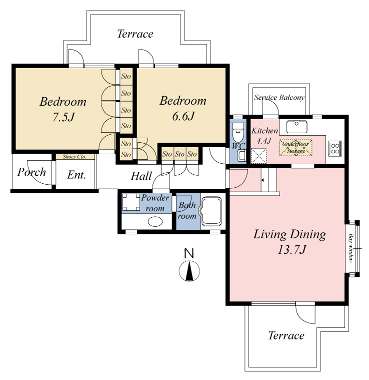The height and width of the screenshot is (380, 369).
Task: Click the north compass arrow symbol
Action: coord(189,271)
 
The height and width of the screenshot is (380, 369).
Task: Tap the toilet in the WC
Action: coord(237,133)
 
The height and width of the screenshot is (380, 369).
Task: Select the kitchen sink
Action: coord(296,127)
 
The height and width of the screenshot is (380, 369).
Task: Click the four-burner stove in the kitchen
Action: coord(335,148)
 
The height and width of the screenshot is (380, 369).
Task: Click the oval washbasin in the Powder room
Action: coord(155,222)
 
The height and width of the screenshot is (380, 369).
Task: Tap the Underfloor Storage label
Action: coord(295,147)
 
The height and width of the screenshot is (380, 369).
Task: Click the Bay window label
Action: coord(350,248)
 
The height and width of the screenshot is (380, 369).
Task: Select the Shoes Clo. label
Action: coord(74,157)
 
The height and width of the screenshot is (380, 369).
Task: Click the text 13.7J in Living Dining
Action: coord(291,250)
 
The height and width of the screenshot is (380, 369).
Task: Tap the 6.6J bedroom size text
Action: coord(183,116)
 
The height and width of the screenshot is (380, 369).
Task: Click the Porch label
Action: coord(31,172)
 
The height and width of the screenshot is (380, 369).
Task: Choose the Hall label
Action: coord(141,176)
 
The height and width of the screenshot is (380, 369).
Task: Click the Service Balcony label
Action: coord(279,98)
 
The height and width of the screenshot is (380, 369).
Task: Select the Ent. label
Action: coord(76,175)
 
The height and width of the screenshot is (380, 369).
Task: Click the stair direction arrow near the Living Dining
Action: coord(265,180)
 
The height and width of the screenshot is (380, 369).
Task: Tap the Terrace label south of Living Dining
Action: coord(286,335)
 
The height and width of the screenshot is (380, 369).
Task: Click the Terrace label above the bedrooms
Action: coord(135,34)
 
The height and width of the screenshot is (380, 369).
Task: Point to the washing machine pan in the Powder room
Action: coord(131,202)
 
